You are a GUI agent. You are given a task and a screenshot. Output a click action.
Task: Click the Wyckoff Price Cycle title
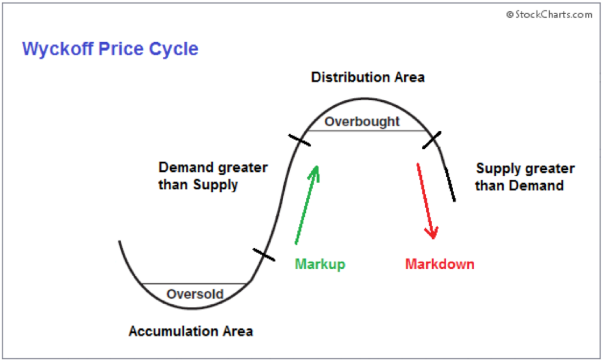[110, 49]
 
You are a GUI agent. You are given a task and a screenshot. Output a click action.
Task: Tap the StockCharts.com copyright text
[549, 15]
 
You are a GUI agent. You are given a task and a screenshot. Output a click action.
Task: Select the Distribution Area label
[367, 77]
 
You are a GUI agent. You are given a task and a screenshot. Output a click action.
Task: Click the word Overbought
[362, 121]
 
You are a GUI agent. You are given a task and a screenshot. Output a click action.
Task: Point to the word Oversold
[195, 294]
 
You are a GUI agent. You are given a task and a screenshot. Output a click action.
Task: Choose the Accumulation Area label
[191, 331]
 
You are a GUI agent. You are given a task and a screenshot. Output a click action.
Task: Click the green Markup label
[320, 264]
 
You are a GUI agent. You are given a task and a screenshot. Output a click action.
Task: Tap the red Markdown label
[439, 264]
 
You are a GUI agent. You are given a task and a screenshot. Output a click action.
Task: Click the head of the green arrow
[314, 169]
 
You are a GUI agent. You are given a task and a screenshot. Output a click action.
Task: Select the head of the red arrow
[433, 233]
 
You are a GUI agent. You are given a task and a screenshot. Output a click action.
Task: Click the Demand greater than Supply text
[213, 176]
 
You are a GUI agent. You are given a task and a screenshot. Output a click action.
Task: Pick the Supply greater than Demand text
[525, 177]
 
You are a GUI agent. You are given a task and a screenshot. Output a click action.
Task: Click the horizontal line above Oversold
[193, 283]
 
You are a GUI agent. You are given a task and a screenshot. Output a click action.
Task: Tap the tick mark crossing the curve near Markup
[264, 255]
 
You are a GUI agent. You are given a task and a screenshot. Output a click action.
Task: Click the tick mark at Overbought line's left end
[299, 140]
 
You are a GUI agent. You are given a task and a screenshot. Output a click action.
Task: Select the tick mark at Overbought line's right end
[432, 139]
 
